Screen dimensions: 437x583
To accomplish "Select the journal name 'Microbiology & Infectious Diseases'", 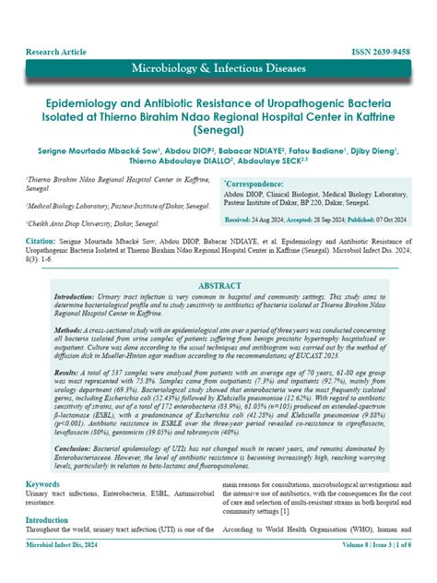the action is (x=218, y=69).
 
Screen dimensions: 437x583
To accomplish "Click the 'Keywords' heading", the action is (x=42, y=483).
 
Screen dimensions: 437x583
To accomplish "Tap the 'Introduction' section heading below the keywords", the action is (x=46, y=521).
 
